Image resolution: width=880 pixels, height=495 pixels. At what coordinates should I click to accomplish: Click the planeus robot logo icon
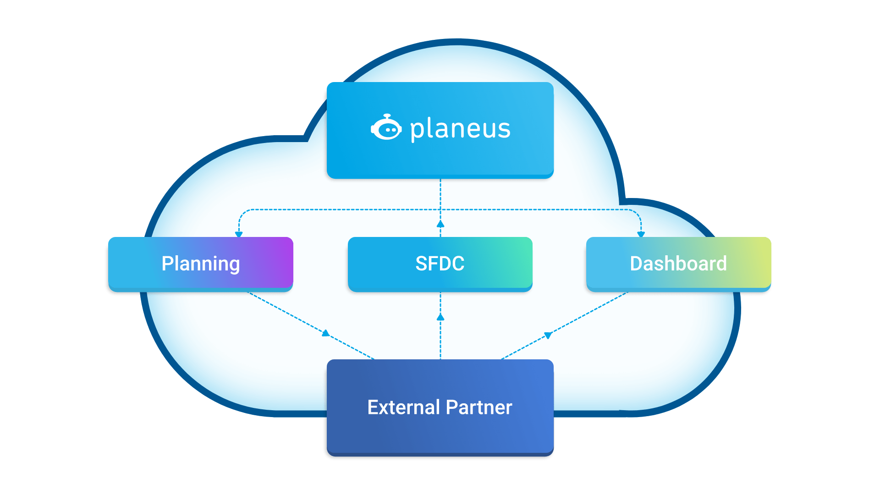(386, 128)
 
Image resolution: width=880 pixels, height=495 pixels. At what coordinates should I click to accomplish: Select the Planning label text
(201, 264)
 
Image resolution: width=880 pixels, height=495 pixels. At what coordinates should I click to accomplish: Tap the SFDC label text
(440, 264)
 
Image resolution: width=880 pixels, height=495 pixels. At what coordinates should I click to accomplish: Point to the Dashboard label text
(678, 264)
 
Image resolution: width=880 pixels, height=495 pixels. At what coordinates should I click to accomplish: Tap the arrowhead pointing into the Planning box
(239, 234)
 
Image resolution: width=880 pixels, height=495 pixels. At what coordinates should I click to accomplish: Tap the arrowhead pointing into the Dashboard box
(641, 234)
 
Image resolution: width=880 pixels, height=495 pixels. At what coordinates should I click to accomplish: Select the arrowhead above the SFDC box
(440, 224)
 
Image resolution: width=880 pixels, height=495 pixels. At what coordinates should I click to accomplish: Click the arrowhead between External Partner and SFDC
(440, 317)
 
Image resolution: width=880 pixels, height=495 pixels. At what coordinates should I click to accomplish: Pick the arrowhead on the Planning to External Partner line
(326, 333)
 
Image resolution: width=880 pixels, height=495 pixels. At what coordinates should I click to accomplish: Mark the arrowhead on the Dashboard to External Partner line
(548, 335)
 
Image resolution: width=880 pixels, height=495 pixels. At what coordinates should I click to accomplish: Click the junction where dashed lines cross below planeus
(440, 209)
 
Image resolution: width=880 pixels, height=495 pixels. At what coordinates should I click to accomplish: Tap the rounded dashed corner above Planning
(242, 213)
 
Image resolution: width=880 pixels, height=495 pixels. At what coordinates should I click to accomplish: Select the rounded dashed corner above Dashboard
(638, 213)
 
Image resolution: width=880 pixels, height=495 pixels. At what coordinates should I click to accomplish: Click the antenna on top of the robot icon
(387, 115)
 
